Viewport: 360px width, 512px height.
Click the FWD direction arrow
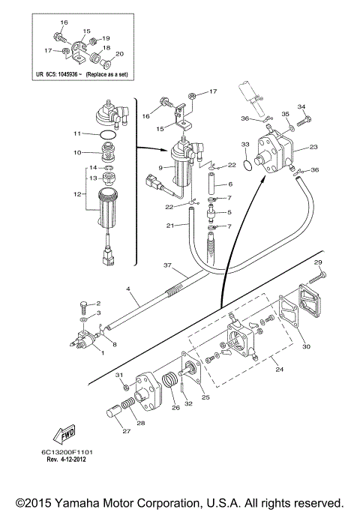click(x=64, y=434)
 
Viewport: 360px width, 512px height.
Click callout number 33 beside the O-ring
click(x=245, y=145)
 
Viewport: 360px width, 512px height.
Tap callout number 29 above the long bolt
click(x=318, y=262)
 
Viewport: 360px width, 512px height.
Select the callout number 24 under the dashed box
click(x=279, y=370)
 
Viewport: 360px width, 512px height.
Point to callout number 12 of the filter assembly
click(x=77, y=194)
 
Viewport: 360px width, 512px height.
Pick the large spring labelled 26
click(x=170, y=381)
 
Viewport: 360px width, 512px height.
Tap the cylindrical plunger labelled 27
click(x=114, y=411)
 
